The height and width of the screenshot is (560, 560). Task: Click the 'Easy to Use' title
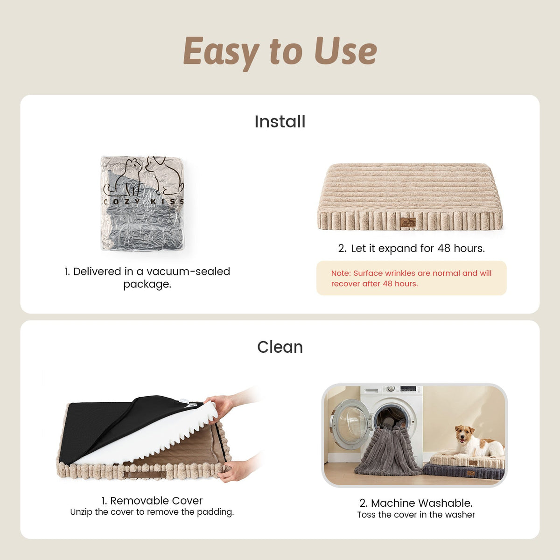point(280,52)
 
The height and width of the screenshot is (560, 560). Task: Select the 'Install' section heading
point(280,121)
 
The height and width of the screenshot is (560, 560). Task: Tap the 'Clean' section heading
point(280,347)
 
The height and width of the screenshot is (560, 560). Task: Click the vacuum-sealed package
point(142,203)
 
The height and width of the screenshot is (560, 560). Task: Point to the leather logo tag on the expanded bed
point(408,222)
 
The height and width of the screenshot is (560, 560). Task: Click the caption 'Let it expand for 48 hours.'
point(412,248)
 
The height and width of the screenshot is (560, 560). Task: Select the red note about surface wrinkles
point(411,278)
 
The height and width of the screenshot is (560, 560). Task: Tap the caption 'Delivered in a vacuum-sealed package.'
point(147,278)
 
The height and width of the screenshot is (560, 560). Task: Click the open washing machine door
point(350,424)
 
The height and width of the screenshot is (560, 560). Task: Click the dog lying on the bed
point(476,442)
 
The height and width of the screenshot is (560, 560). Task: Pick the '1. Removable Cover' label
point(152,500)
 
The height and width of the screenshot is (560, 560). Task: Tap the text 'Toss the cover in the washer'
point(416,514)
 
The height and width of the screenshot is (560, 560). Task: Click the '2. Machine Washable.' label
point(416,503)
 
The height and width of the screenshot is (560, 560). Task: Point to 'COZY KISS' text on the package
point(143,202)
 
